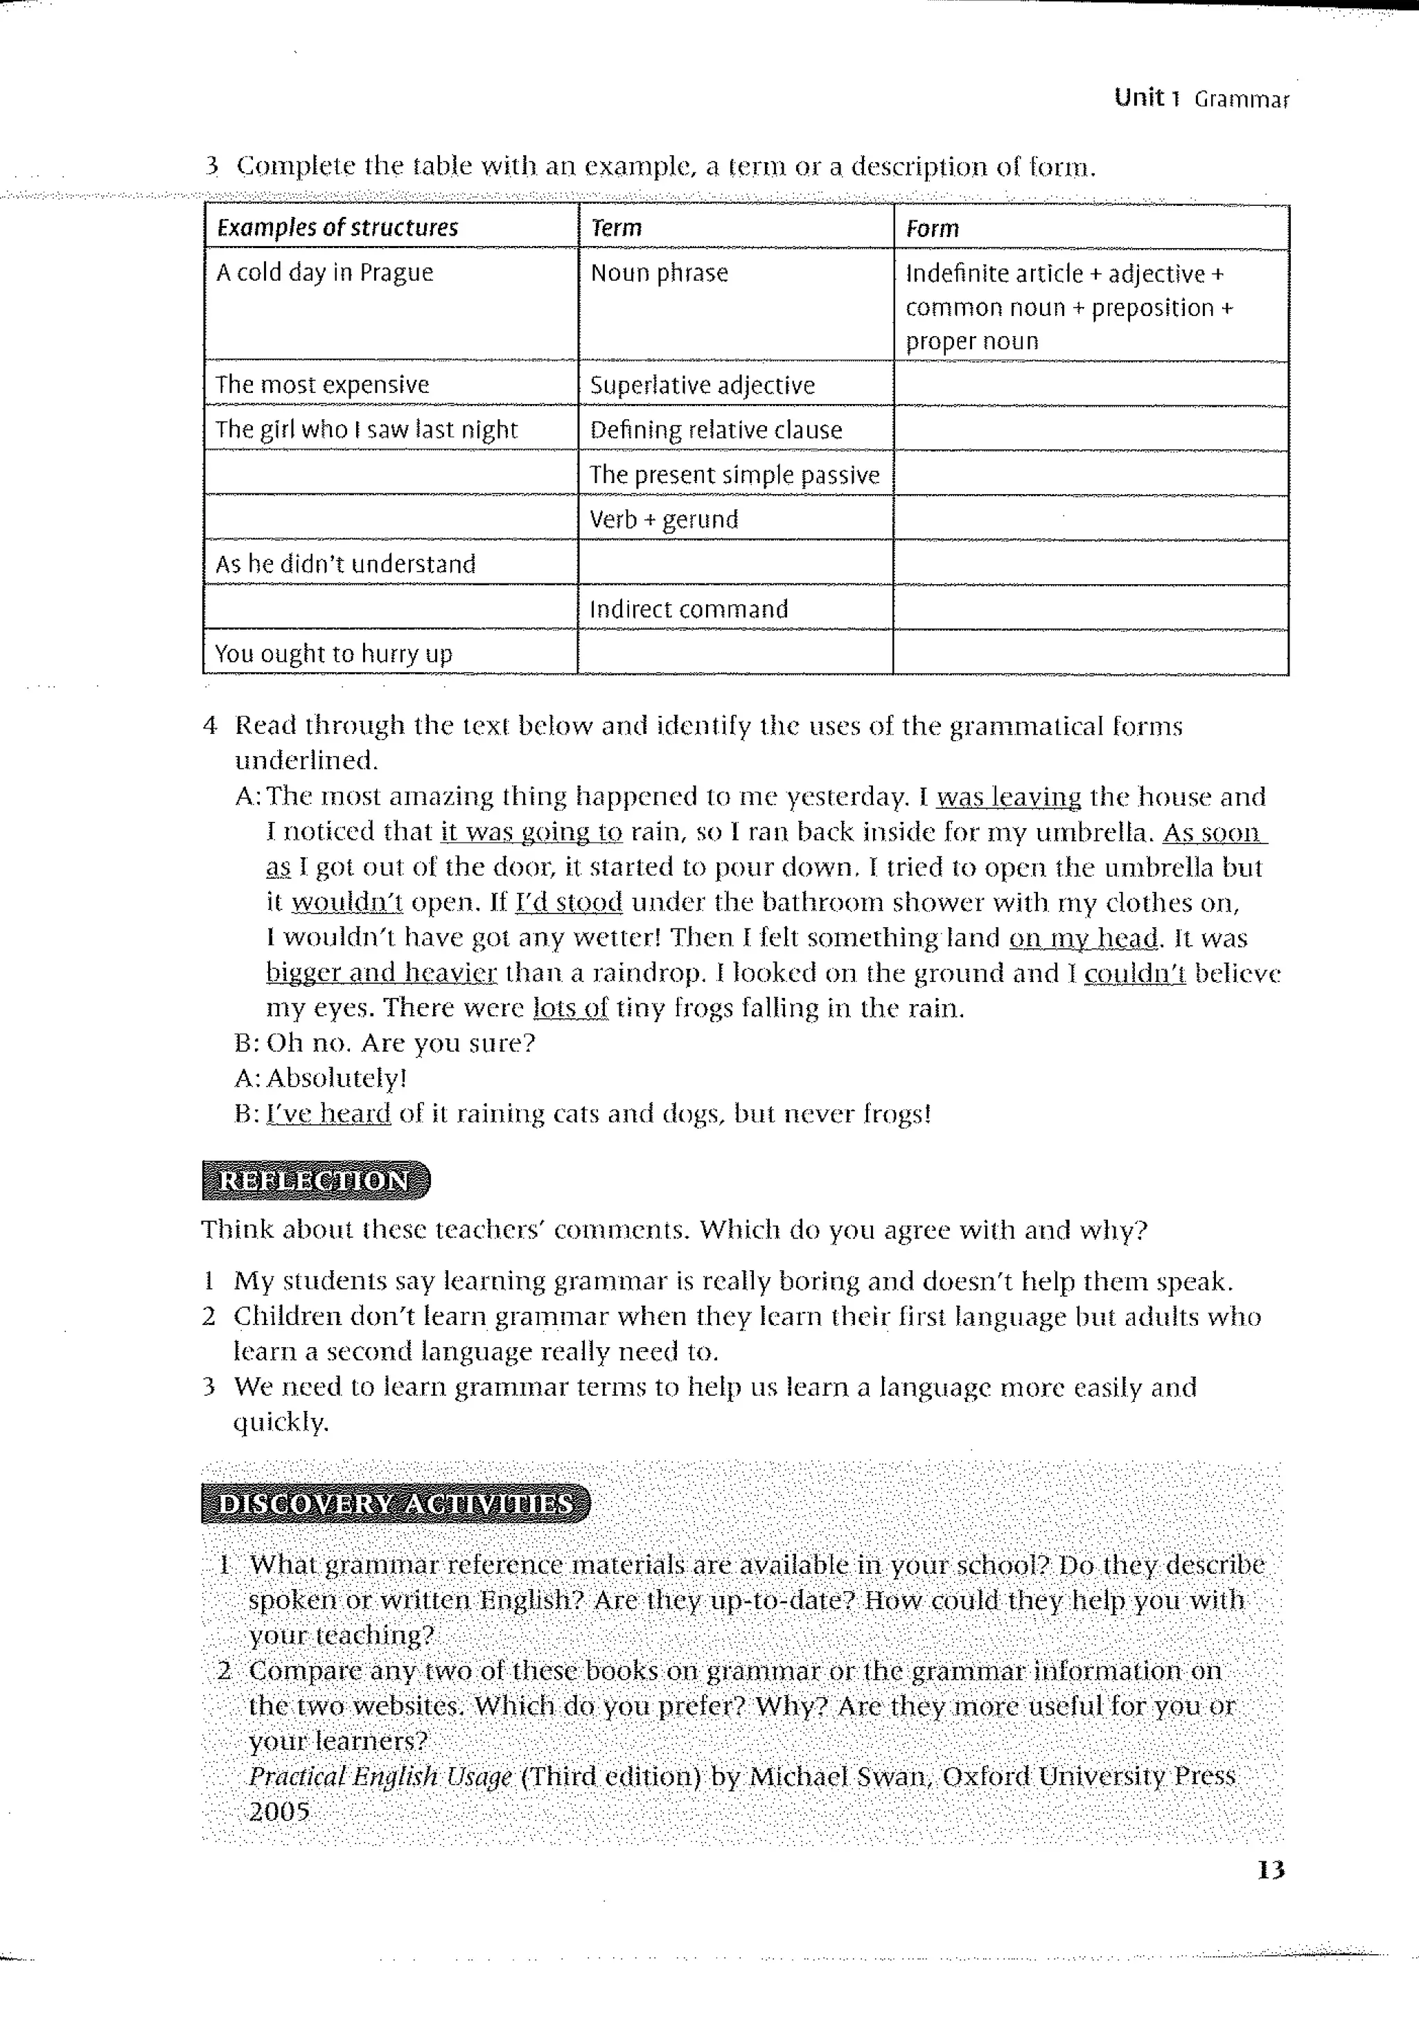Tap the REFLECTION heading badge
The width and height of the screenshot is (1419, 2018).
tap(315, 1180)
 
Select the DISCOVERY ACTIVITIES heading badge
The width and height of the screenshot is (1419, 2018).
tap(396, 1504)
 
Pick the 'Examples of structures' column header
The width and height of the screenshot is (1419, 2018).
tap(337, 227)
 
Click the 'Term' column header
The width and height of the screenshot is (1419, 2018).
tap(616, 227)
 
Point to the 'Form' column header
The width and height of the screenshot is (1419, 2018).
tap(931, 229)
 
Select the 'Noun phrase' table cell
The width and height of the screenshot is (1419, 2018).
tap(659, 273)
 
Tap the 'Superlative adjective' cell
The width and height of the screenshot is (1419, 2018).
tap(702, 385)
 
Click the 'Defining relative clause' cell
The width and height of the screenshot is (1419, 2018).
tap(715, 430)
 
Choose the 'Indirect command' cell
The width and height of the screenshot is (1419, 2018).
tap(688, 609)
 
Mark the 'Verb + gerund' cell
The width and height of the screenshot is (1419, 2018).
tap(663, 520)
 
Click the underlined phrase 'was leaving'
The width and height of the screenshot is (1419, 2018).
tap(1009, 797)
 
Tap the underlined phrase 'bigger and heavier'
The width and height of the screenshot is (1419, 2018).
tap(381, 973)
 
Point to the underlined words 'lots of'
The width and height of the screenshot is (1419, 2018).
tap(570, 1008)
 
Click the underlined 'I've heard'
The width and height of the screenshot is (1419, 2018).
tap(328, 1114)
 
